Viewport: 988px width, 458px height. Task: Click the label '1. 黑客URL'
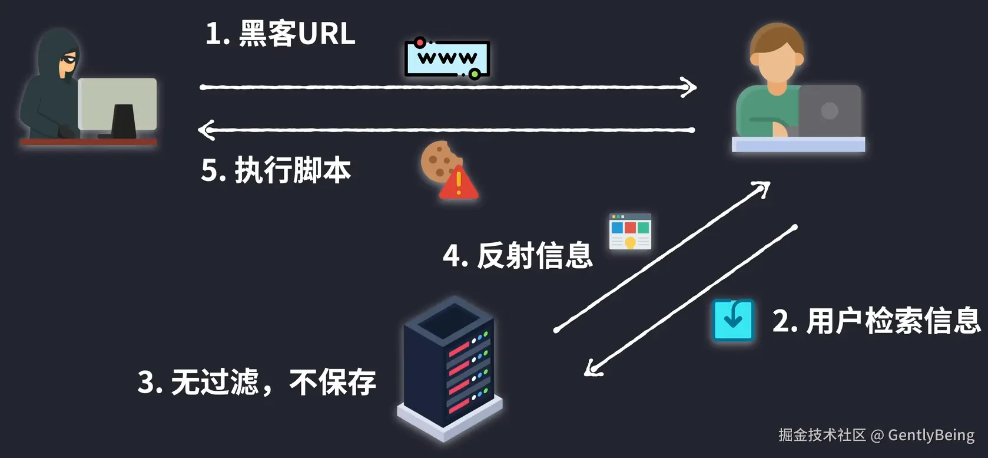click(280, 34)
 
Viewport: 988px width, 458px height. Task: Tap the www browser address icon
click(447, 58)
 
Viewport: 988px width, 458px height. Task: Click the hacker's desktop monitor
click(118, 105)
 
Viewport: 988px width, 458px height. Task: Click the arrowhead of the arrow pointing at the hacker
click(205, 130)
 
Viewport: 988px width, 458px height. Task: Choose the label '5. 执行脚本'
click(276, 170)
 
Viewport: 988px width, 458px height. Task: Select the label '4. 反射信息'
click(518, 256)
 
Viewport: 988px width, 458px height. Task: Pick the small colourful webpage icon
click(630, 232)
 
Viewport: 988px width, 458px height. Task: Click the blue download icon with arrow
click(733, 320)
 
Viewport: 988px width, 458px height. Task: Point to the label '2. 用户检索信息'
click(876, 321)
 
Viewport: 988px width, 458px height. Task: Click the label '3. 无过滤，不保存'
click(257, 382)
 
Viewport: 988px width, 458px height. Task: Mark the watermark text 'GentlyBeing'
click(931, 436)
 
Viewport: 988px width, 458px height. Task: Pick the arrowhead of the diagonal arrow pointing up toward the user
click(764, 187)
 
